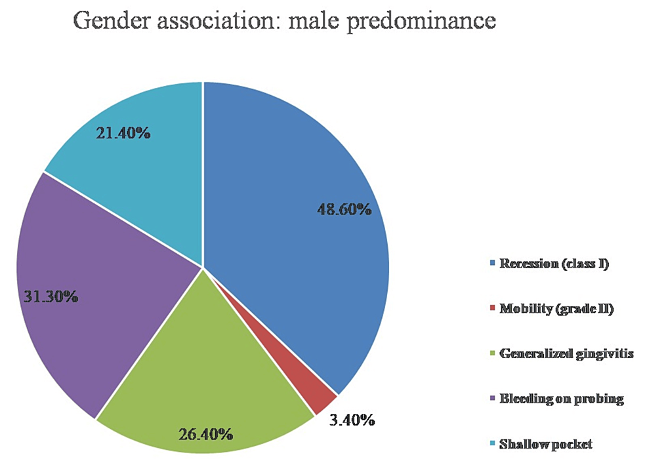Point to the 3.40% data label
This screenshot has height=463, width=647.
352,420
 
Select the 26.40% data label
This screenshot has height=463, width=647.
205,434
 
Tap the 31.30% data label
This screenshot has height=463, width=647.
50,296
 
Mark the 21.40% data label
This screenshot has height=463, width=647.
123,134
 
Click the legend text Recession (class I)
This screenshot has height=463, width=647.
554,265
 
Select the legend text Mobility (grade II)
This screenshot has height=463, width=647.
556,310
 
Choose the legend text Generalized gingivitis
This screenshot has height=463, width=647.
565,354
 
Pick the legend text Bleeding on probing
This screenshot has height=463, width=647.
561,399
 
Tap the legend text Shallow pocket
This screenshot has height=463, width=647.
545,444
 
